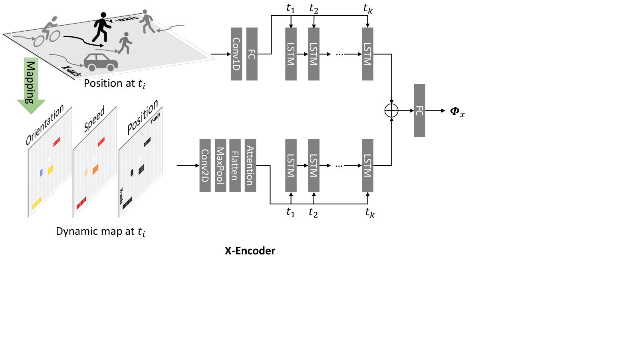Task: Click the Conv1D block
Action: (x=236, y=54)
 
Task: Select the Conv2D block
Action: (x=205, y=166)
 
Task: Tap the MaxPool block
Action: (x=220, y=166)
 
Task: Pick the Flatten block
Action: (x=235, y=166)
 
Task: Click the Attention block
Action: (x=250, y=166)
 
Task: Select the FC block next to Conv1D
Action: (x=252, y=54)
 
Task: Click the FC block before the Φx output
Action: (x=419, y=110)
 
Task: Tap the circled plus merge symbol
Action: (x=391, y=110)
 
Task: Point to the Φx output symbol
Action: (x=457, y=112)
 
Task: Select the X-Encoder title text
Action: (x=250, y=250)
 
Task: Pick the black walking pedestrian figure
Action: (x=101, y=28)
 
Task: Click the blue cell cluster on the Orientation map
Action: (x=41, y=172)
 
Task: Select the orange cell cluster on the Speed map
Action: (x=95, y=169)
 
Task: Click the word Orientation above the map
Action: (x=44, y=125)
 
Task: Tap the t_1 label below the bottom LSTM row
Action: (x=291, y=212)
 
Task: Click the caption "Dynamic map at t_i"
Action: (x=101, y=232)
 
